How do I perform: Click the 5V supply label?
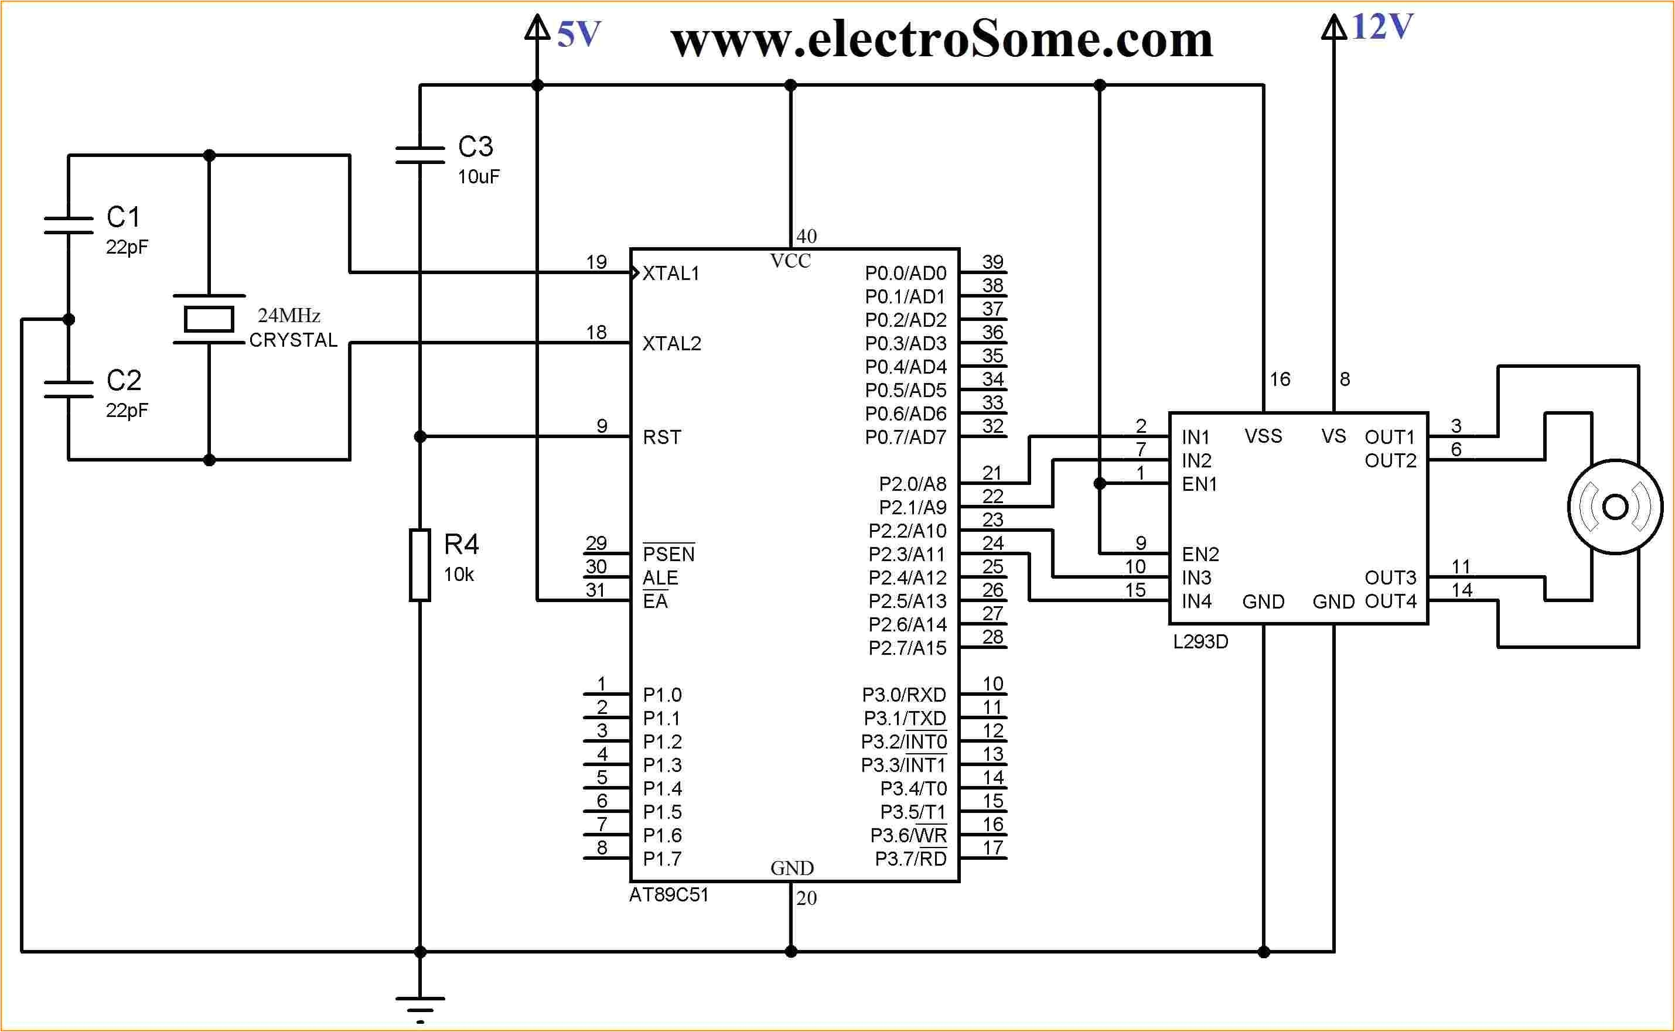[579, 34]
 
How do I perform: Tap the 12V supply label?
[1381, 28]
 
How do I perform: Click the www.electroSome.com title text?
[942, 40]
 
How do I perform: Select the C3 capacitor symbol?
[419, 156]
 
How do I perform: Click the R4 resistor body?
[419, 565]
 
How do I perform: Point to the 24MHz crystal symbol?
[209, 319]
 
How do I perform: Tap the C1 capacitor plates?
[69, 225]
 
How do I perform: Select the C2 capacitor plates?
[69, 389]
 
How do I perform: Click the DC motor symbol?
[1615, 507]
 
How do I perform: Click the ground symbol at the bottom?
[419, 1007]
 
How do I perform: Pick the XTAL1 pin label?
[671, 274]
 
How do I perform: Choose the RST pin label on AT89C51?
[662, 438]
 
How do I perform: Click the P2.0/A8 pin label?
[913, 484]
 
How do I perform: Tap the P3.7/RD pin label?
[910, 859]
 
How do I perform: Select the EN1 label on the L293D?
[1199, 484]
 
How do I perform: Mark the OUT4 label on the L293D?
[1390, 602]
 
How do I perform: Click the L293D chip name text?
[1200, 641]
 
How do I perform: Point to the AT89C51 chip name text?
[669, 895]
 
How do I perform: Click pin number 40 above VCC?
[806, 236]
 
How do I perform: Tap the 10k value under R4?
[459, 575]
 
